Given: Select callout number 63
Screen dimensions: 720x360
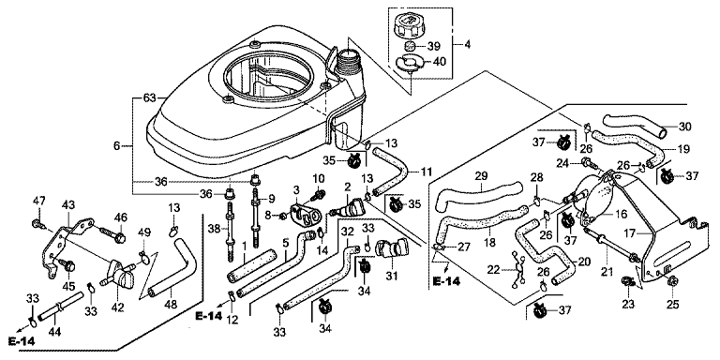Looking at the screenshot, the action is point(150,97).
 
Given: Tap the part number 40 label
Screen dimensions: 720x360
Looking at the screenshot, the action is point(439,62).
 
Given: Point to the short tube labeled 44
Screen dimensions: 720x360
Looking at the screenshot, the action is point(61,307).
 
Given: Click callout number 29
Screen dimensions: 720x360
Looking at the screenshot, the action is point(480,176).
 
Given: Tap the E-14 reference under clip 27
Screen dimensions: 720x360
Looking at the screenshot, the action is point(447,282).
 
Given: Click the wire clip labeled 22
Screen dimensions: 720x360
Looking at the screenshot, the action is point(517,271).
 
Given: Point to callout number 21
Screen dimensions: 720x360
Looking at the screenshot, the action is point(607,272).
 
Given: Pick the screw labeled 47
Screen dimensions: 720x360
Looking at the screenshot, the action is point(38,225).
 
